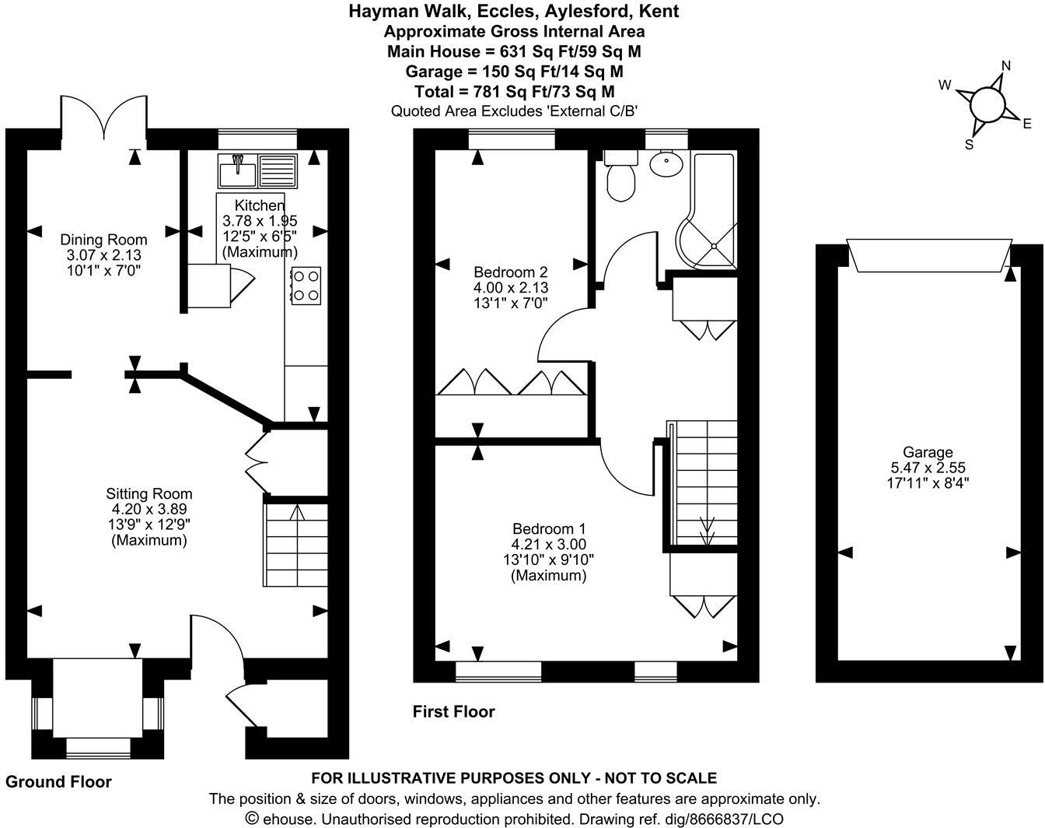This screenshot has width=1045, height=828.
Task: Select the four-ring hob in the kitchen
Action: tap(306, 285)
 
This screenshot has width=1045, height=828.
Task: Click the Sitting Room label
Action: tap(149, 494)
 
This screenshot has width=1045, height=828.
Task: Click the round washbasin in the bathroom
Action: tap(666, 164)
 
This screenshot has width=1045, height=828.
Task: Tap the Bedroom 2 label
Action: tap(511, 272)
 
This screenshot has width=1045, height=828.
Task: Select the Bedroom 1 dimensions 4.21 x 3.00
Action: tap(548, 545)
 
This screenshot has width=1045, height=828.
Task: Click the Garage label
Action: tap(928, 452)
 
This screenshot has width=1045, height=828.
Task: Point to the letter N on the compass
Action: tap(1005, 65)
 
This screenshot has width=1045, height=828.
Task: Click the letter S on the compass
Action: tap(969, 144)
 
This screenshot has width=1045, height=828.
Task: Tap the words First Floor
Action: tap(453, 711)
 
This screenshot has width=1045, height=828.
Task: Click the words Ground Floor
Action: tap(59, 782)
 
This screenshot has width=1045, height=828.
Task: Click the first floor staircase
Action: tap(704, 482)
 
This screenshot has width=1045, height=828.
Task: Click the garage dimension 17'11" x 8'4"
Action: tap(928, 482)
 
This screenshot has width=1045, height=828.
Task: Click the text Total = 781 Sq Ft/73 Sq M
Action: tap(514, 92)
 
